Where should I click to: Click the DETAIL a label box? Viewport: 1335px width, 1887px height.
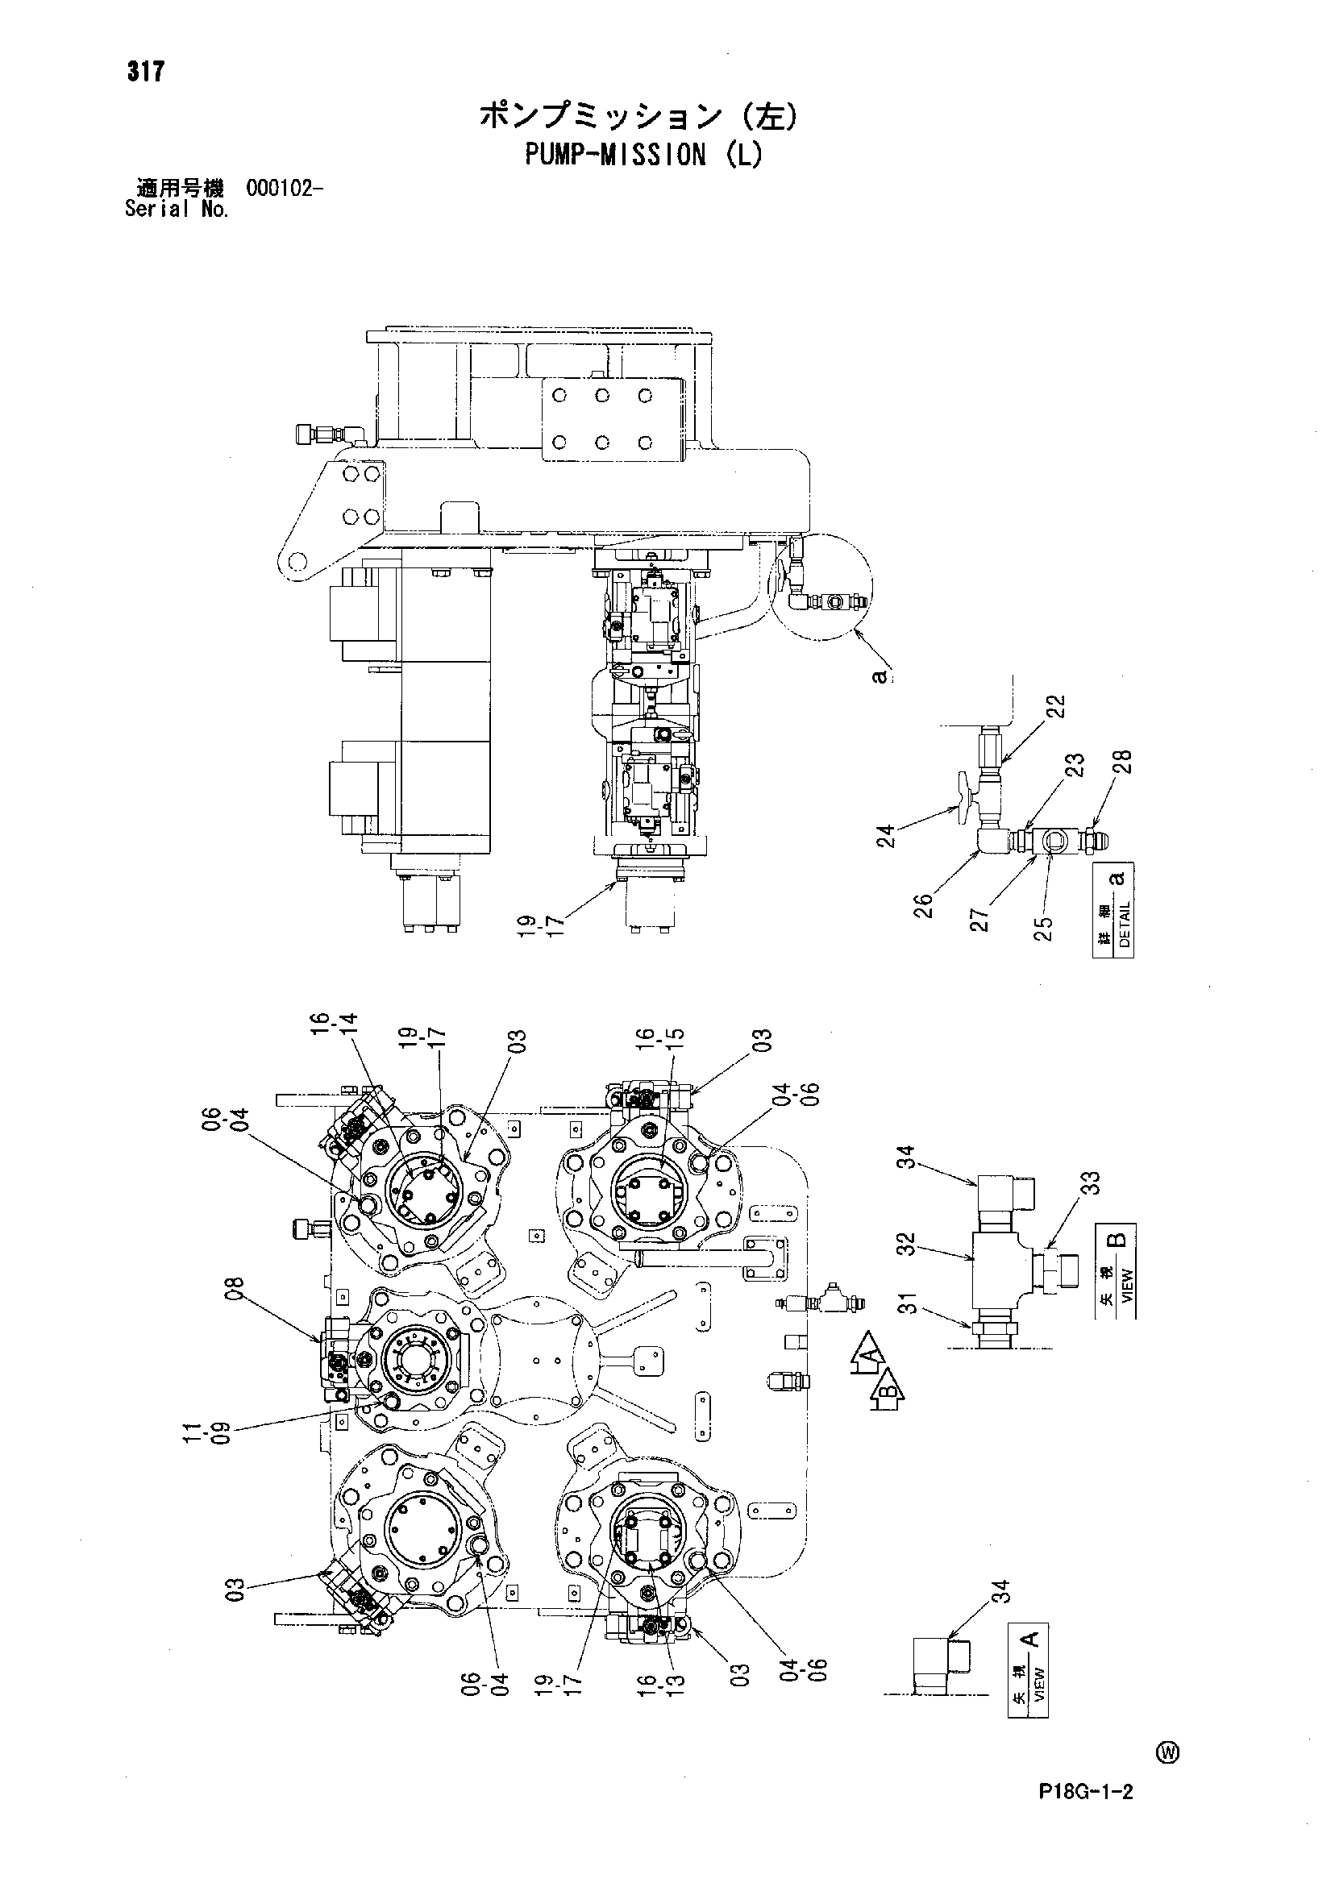tap(1114, 910)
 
